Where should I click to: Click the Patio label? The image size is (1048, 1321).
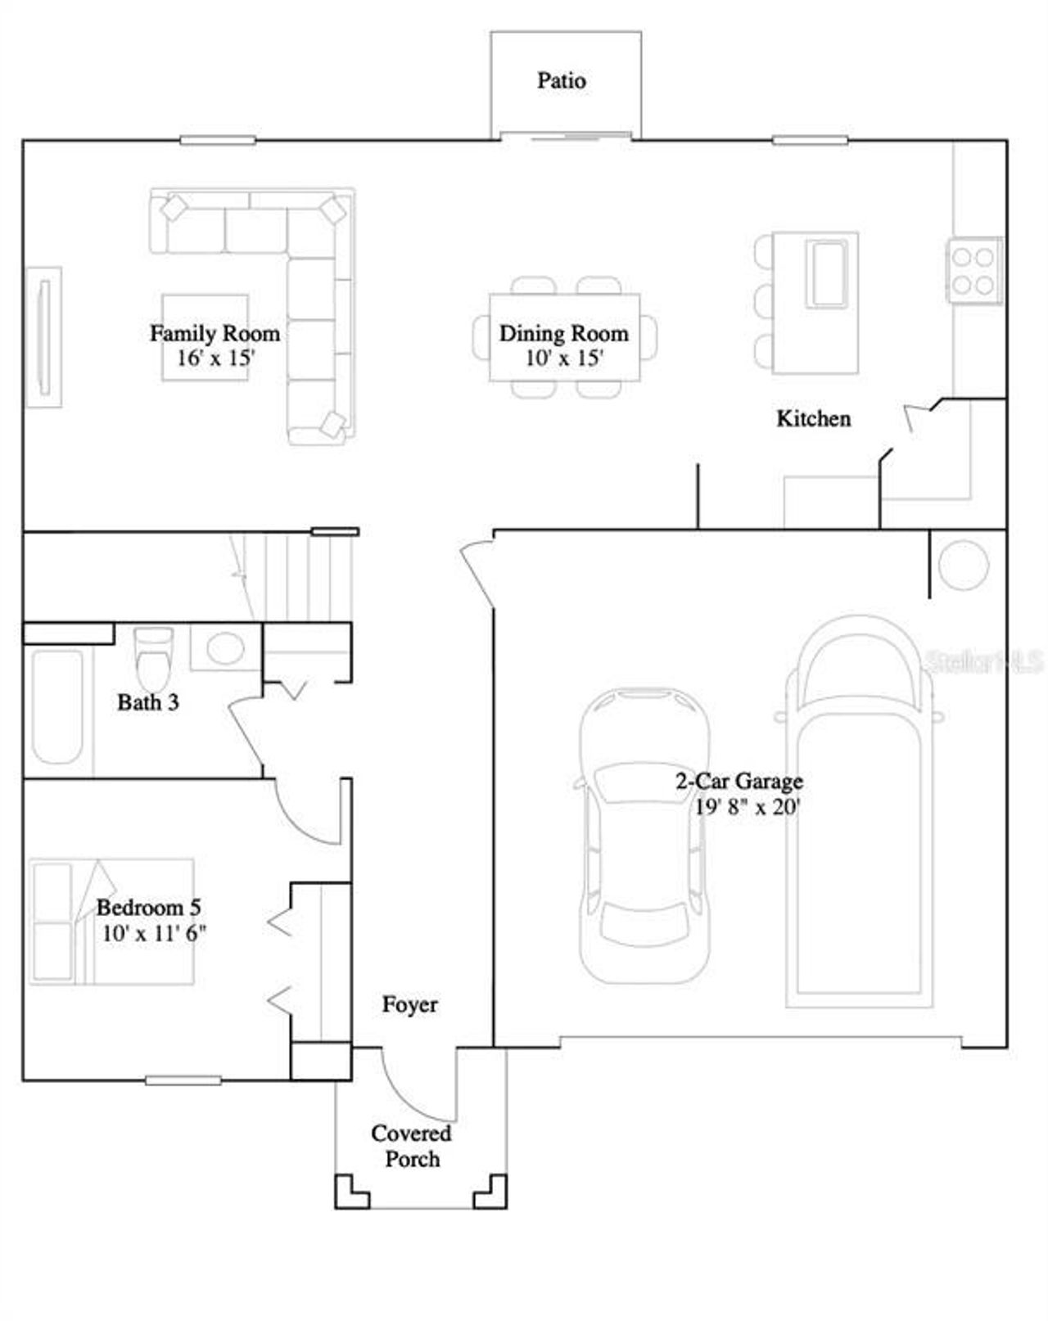(x=561, y=80)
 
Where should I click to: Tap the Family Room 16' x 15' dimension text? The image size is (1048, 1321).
(x=215, y=358)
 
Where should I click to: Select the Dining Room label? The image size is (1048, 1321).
(x=563, y=333)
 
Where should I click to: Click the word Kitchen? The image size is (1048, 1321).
(x=813, y=418)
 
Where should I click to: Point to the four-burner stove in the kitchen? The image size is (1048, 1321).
(x=974, y=271)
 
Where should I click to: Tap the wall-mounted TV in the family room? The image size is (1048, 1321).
(x=44, y=336)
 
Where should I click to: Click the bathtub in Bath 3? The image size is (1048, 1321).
(x=57, y=706)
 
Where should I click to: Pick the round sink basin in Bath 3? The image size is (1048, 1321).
(x=225, y=648)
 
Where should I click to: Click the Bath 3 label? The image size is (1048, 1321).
(x=147, y=702)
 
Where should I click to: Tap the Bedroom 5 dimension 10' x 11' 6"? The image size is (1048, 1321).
(x=154, y=933)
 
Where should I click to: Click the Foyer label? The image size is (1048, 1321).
(x=409, y=1004)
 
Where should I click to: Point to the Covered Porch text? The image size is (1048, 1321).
(x=412, y=1146)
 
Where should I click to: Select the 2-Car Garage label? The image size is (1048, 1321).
(x=739, y=781)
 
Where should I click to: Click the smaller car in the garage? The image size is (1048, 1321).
(x=644, y=835)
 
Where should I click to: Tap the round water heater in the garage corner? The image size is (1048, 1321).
(x=964, y=565)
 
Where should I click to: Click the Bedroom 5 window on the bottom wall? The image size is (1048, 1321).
(x=183, y=1080)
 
